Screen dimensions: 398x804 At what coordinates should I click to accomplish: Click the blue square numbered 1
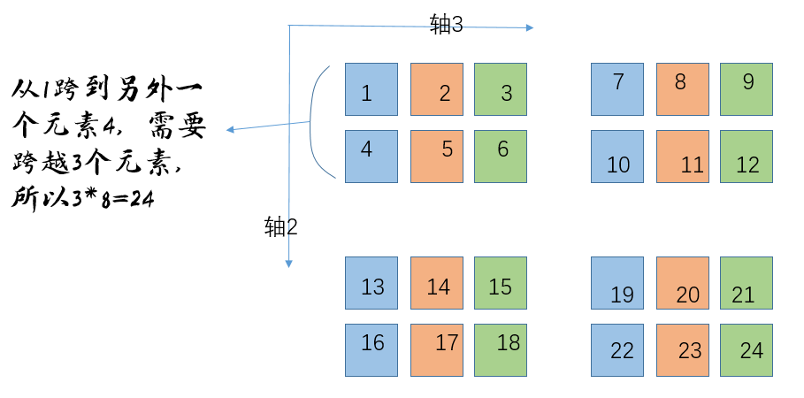(371, 89)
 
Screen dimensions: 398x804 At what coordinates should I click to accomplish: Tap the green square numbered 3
(501, 89)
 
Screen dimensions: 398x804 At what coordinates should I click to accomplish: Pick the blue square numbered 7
(616, 89)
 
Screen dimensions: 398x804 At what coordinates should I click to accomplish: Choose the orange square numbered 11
(682, 157)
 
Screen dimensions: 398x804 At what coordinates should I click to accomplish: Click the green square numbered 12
(747, 157)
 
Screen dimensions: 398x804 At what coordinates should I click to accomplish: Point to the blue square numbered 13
(371, 283)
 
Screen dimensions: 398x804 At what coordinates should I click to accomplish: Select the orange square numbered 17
(437, 350)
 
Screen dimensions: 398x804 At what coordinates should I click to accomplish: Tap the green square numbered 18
(501, 350)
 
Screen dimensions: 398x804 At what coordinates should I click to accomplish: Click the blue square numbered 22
(616, 350)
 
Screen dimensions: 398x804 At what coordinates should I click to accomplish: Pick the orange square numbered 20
(682, 283)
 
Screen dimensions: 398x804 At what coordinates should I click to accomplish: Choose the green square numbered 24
(747, 350)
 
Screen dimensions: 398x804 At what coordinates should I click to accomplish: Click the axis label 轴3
(447, 25)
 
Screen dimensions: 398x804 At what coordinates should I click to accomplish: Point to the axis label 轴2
(281, 226)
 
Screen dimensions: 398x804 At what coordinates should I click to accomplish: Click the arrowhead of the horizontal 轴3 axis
(529, 27)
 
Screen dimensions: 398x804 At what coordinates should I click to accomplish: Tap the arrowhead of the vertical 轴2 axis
(288, 262)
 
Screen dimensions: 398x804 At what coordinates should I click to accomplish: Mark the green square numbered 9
(747, 89)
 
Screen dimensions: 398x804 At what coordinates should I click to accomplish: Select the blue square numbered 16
(371, 350)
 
